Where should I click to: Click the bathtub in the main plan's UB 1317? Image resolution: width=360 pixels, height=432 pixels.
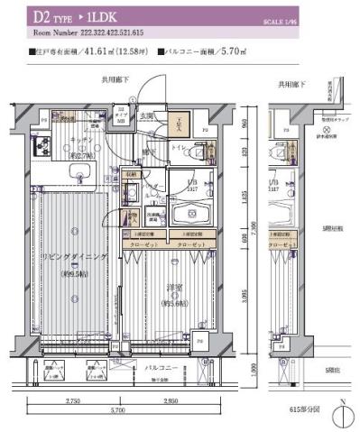192,214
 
